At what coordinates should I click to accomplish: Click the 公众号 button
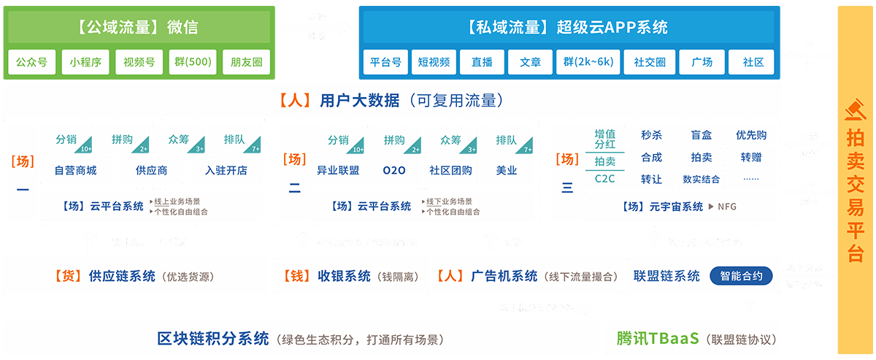(32, 63)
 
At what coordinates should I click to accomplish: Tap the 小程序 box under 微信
(85, 63)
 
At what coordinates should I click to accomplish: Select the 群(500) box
(192, 63)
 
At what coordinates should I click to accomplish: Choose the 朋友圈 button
(245, 63)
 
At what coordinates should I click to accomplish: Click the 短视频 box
(434, 63)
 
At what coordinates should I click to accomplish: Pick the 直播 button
(483, 63)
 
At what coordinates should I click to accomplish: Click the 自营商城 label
(76, 171)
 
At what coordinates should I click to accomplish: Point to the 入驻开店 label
(226, 171)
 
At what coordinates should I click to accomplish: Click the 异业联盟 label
(338, 171)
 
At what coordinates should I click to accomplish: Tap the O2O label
(394, 171)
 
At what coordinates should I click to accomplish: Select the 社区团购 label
(450, 171)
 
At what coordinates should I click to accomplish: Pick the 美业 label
(507, 171)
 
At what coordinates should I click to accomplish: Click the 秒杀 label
(651, 135)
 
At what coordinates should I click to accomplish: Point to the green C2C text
(605, 179)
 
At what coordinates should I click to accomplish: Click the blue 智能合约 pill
(741, 276)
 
